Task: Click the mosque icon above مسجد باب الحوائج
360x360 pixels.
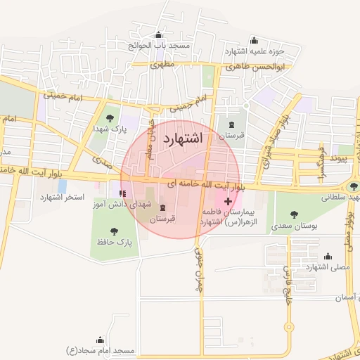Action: [x=158, y=35]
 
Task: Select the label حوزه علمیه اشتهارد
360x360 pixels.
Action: [x=254, y=51]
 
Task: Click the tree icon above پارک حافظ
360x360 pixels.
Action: [x=115, y=230]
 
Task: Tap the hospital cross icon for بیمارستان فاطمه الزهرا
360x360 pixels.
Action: [x=228, y=201]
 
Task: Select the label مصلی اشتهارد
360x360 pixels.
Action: [x=324, y=266]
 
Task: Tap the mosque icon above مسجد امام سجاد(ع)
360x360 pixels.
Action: [x=101, y=338]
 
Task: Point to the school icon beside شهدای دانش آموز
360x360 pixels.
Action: [x=123, y=193]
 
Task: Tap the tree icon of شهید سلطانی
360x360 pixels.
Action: [x=352, y=187]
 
